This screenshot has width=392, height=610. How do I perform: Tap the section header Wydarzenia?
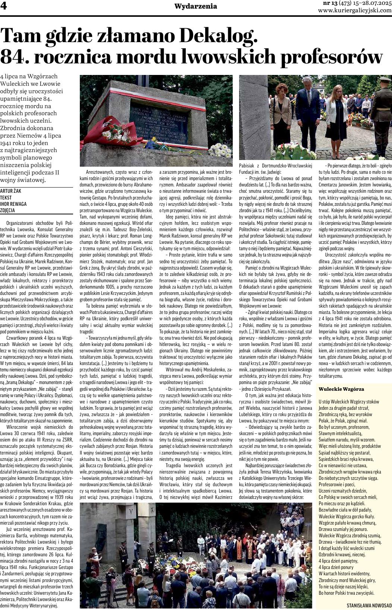point(195,6)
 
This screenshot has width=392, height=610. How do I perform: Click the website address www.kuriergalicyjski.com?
point(355,11)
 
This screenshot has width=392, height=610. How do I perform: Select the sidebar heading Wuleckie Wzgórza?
point(341,389)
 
